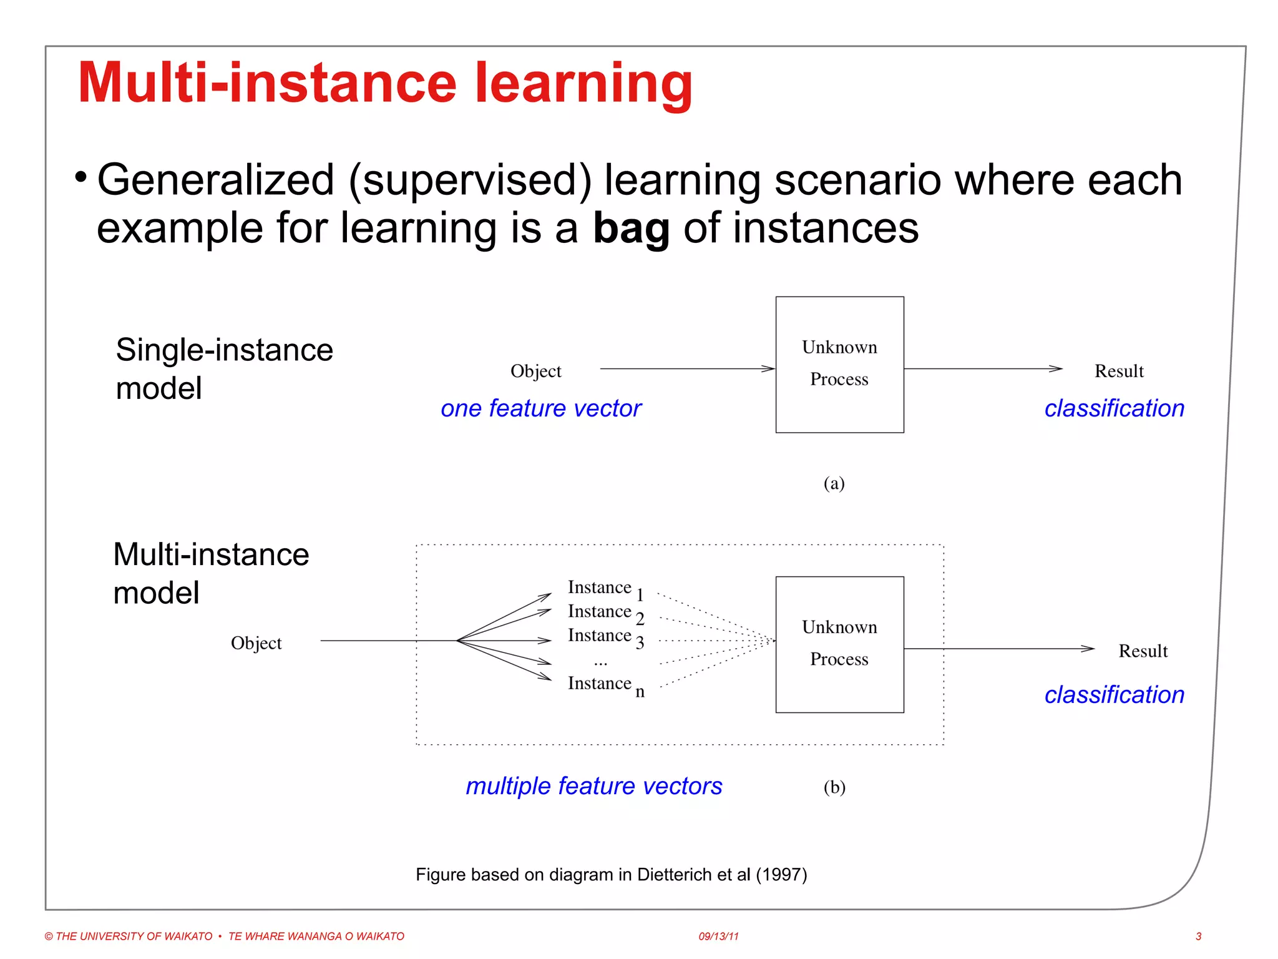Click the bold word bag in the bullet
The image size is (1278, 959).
pos(630,229)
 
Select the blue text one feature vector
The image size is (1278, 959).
pos(540,408)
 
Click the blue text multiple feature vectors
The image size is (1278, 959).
pos(593,786)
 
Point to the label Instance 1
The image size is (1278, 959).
pos(605,589)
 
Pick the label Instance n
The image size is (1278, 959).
pos(605,685)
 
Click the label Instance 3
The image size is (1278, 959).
pos(605,637)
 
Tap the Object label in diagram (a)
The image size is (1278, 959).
pos(535,371)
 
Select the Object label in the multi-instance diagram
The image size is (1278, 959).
pos(256,643)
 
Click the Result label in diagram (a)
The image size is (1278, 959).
pos(1118,371)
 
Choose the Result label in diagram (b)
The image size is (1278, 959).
pos(1142,651)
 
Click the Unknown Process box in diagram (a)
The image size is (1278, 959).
pos(839,364)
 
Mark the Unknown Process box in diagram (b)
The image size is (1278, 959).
pos(839,644)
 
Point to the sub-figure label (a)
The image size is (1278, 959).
pos(834,483)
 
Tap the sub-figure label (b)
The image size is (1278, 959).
pos(834,787)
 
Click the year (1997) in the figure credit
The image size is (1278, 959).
pos(781,875)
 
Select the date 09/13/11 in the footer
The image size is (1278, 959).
pos(718,937)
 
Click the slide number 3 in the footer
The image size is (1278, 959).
pos(1198,937)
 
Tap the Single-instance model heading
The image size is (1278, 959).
pos(223,368)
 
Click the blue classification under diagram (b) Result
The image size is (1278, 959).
pos(1114,695)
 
